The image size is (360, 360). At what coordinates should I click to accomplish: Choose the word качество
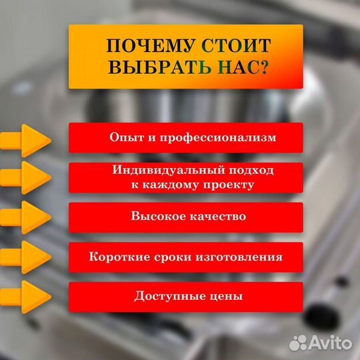214,217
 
